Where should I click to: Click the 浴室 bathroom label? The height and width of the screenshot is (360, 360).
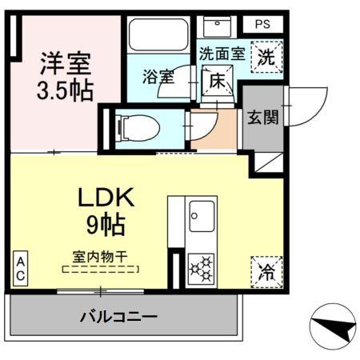158,77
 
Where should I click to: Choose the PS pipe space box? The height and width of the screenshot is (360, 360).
262,25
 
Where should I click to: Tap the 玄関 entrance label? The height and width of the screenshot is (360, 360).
262,118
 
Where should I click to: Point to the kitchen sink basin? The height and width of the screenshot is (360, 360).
200,216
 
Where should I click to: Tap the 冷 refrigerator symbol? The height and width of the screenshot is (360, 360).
266,270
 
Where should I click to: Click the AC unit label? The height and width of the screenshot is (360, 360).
20,269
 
